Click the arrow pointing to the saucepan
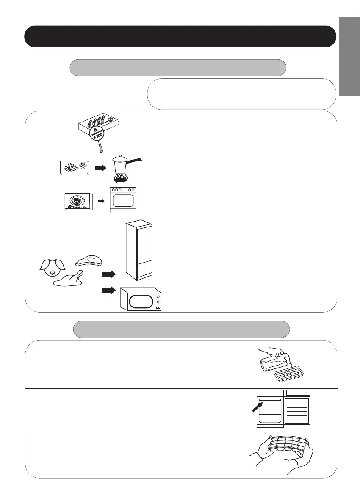click(100, 167)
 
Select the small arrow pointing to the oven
click(101, 202)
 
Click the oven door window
click(123, 201)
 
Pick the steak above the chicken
click(89, 259)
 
